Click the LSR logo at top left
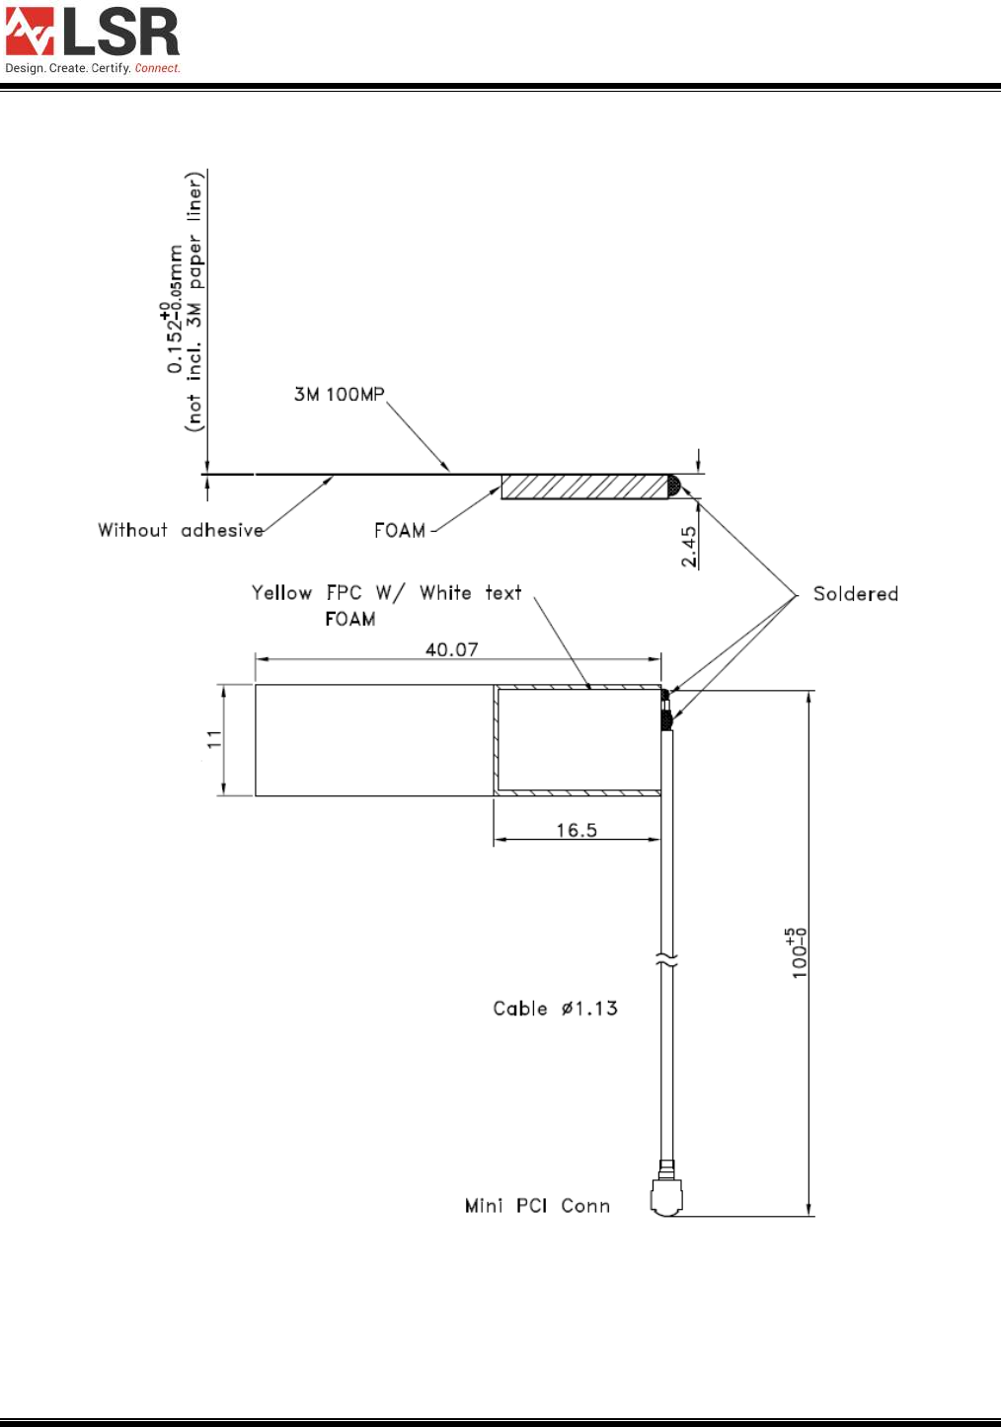(92, 33)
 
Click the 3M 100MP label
(339, 395)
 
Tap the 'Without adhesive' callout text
(181, 530)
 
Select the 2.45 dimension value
(689, 546)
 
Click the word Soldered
(855, 594)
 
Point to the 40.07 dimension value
(451, 649)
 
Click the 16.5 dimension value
(576, 830)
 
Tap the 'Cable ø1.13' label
(555, 1009)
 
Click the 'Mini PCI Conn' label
(537, 1206)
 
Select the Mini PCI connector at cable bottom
(667, 1196)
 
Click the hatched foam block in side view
(583, 487)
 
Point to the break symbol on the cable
(667, 960)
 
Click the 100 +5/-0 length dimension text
(797, 952)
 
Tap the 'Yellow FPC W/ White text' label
(386, 593)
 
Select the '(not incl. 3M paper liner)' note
(194, 302)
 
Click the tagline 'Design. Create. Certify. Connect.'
(93, 68)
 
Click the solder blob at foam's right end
(673, 485)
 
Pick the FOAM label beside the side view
(400, 531)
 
